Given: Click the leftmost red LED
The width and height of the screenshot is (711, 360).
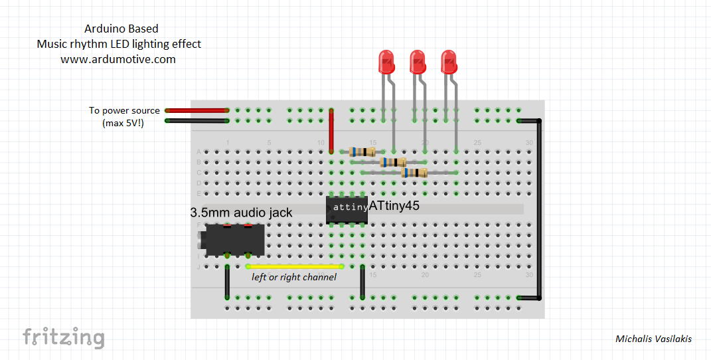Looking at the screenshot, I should coord(386,62).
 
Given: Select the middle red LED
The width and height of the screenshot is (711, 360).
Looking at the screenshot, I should coord(418,62).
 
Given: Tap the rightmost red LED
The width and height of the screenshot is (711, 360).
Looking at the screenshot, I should coord(449,62).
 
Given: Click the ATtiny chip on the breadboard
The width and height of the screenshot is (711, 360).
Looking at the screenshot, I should coord(347,209).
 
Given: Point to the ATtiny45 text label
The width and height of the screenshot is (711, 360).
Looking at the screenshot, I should coord(394,207).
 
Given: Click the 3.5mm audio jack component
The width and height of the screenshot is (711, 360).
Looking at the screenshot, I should coord(232,241).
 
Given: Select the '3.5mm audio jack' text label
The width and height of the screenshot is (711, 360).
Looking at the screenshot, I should coord(241,213).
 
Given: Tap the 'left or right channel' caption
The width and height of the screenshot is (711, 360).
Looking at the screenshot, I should coord(294,277).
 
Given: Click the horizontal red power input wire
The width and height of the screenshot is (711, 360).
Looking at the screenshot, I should coord(197,110).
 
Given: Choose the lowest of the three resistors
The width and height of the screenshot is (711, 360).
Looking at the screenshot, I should coord(415,173).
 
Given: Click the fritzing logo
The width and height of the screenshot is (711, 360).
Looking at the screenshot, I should coord(64,337).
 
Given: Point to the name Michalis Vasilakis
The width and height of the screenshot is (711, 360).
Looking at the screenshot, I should coord(653,339).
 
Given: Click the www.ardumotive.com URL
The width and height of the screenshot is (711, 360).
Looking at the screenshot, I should coord(118,59).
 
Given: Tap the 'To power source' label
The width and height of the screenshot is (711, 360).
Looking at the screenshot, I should coord(124,110).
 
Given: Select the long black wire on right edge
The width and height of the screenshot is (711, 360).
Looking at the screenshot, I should coord(539,209).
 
